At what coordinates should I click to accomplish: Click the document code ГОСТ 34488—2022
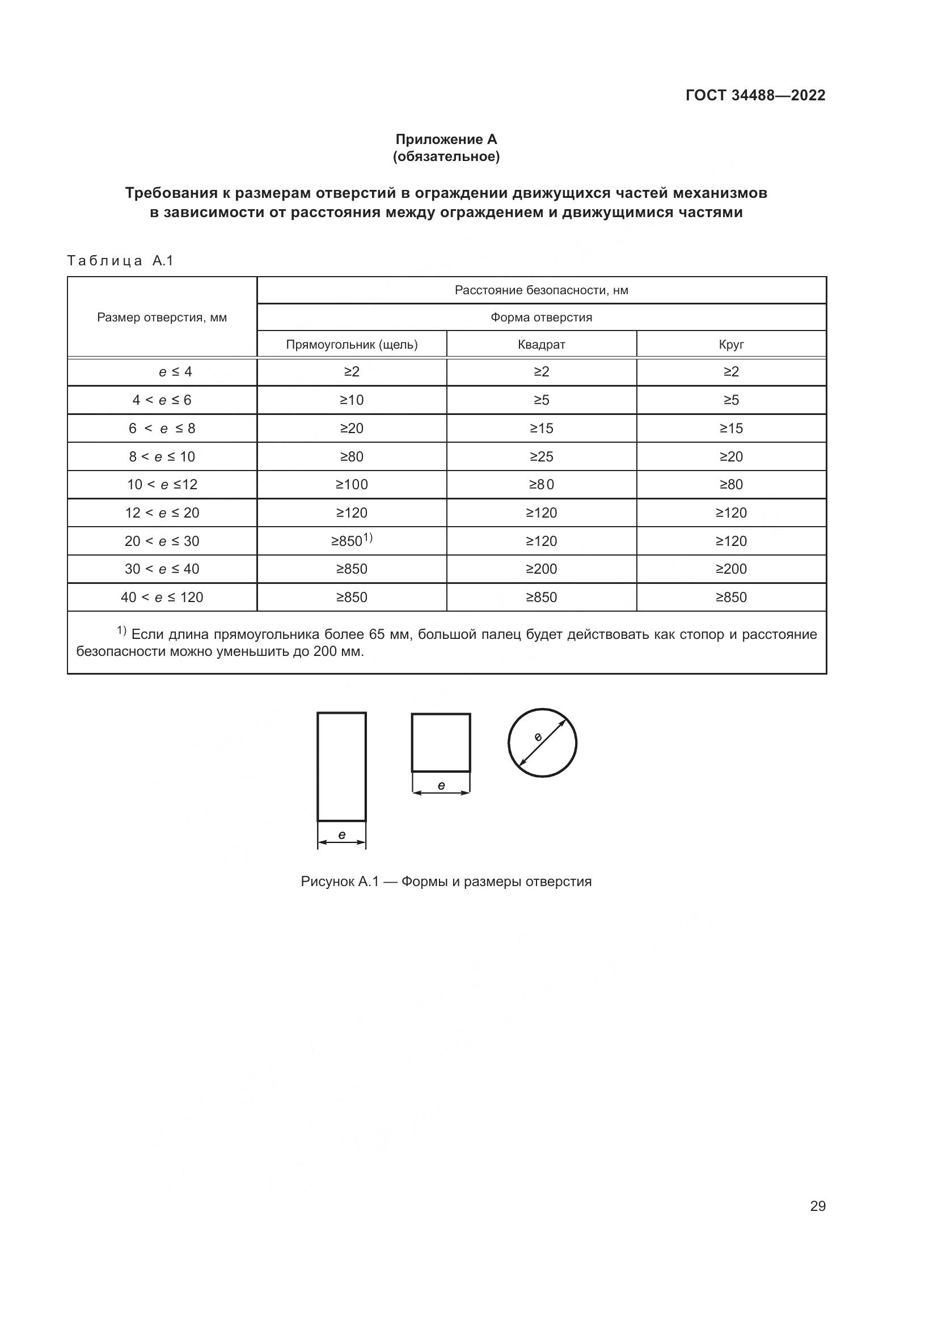click(x=755, y=95)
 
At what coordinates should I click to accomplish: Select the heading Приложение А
click(x=446, y=139)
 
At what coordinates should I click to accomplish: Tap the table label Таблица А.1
click(x=120, y=261)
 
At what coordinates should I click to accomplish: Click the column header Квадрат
click(x=541, y=345)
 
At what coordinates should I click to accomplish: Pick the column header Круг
click(x=730, y=345)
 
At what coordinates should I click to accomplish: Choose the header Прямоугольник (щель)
click(x=351, y=345)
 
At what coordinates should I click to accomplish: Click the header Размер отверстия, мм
click(x=162, y=317)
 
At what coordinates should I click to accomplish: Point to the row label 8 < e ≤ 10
click(x=162, y=457)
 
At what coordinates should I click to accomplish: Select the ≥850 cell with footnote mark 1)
click(x=351, y=541)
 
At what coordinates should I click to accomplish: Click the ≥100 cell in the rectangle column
click(x=351, y=485)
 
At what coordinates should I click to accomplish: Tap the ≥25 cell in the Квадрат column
click(x=541, y=457)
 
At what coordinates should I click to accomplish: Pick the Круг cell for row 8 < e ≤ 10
click(x=730, y=457)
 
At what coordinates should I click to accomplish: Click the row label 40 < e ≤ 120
click(x=162, y=597)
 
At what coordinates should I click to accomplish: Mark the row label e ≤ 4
click(x=175, y=372)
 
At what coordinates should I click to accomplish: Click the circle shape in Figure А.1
click(x=542, y=743)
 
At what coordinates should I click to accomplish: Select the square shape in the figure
click(x=441, y=742)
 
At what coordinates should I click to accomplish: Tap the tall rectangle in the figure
click(x=341, y=766)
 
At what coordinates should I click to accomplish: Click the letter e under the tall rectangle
click(x=341, y=834)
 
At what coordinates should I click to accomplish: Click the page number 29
click(x=817, y=1206)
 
